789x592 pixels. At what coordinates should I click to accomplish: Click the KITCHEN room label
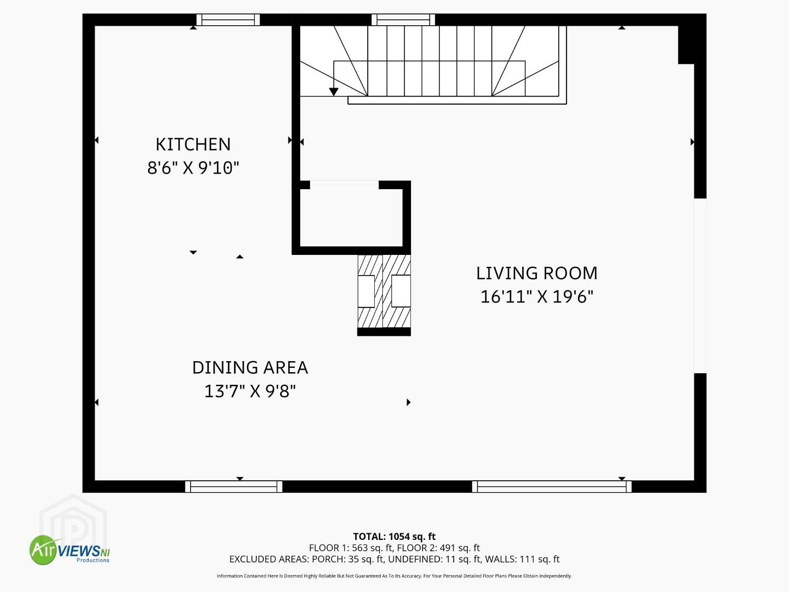[193, 145]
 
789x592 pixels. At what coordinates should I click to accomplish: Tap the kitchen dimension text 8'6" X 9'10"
[193, 168]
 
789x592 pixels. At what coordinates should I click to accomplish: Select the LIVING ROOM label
[536, 273]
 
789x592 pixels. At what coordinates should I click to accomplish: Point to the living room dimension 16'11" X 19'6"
[536, 297]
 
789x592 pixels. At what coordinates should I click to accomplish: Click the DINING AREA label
[250, 368]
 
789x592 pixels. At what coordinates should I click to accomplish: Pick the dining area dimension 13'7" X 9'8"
[250, 391]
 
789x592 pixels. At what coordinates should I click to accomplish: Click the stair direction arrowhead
[334, 92]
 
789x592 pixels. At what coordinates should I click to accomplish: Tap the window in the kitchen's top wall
[228, 20]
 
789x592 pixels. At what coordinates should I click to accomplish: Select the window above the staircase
[403, 20]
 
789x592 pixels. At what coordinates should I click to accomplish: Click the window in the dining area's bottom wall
[233, 486]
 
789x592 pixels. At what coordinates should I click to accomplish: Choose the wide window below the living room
[552, 486]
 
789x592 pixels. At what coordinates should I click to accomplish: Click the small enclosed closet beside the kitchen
[351, 218]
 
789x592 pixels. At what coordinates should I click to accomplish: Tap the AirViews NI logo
[70, 550]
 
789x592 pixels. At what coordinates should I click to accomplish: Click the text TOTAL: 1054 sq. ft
[395, 537]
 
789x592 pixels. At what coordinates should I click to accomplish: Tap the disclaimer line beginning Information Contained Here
[395, 576]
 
